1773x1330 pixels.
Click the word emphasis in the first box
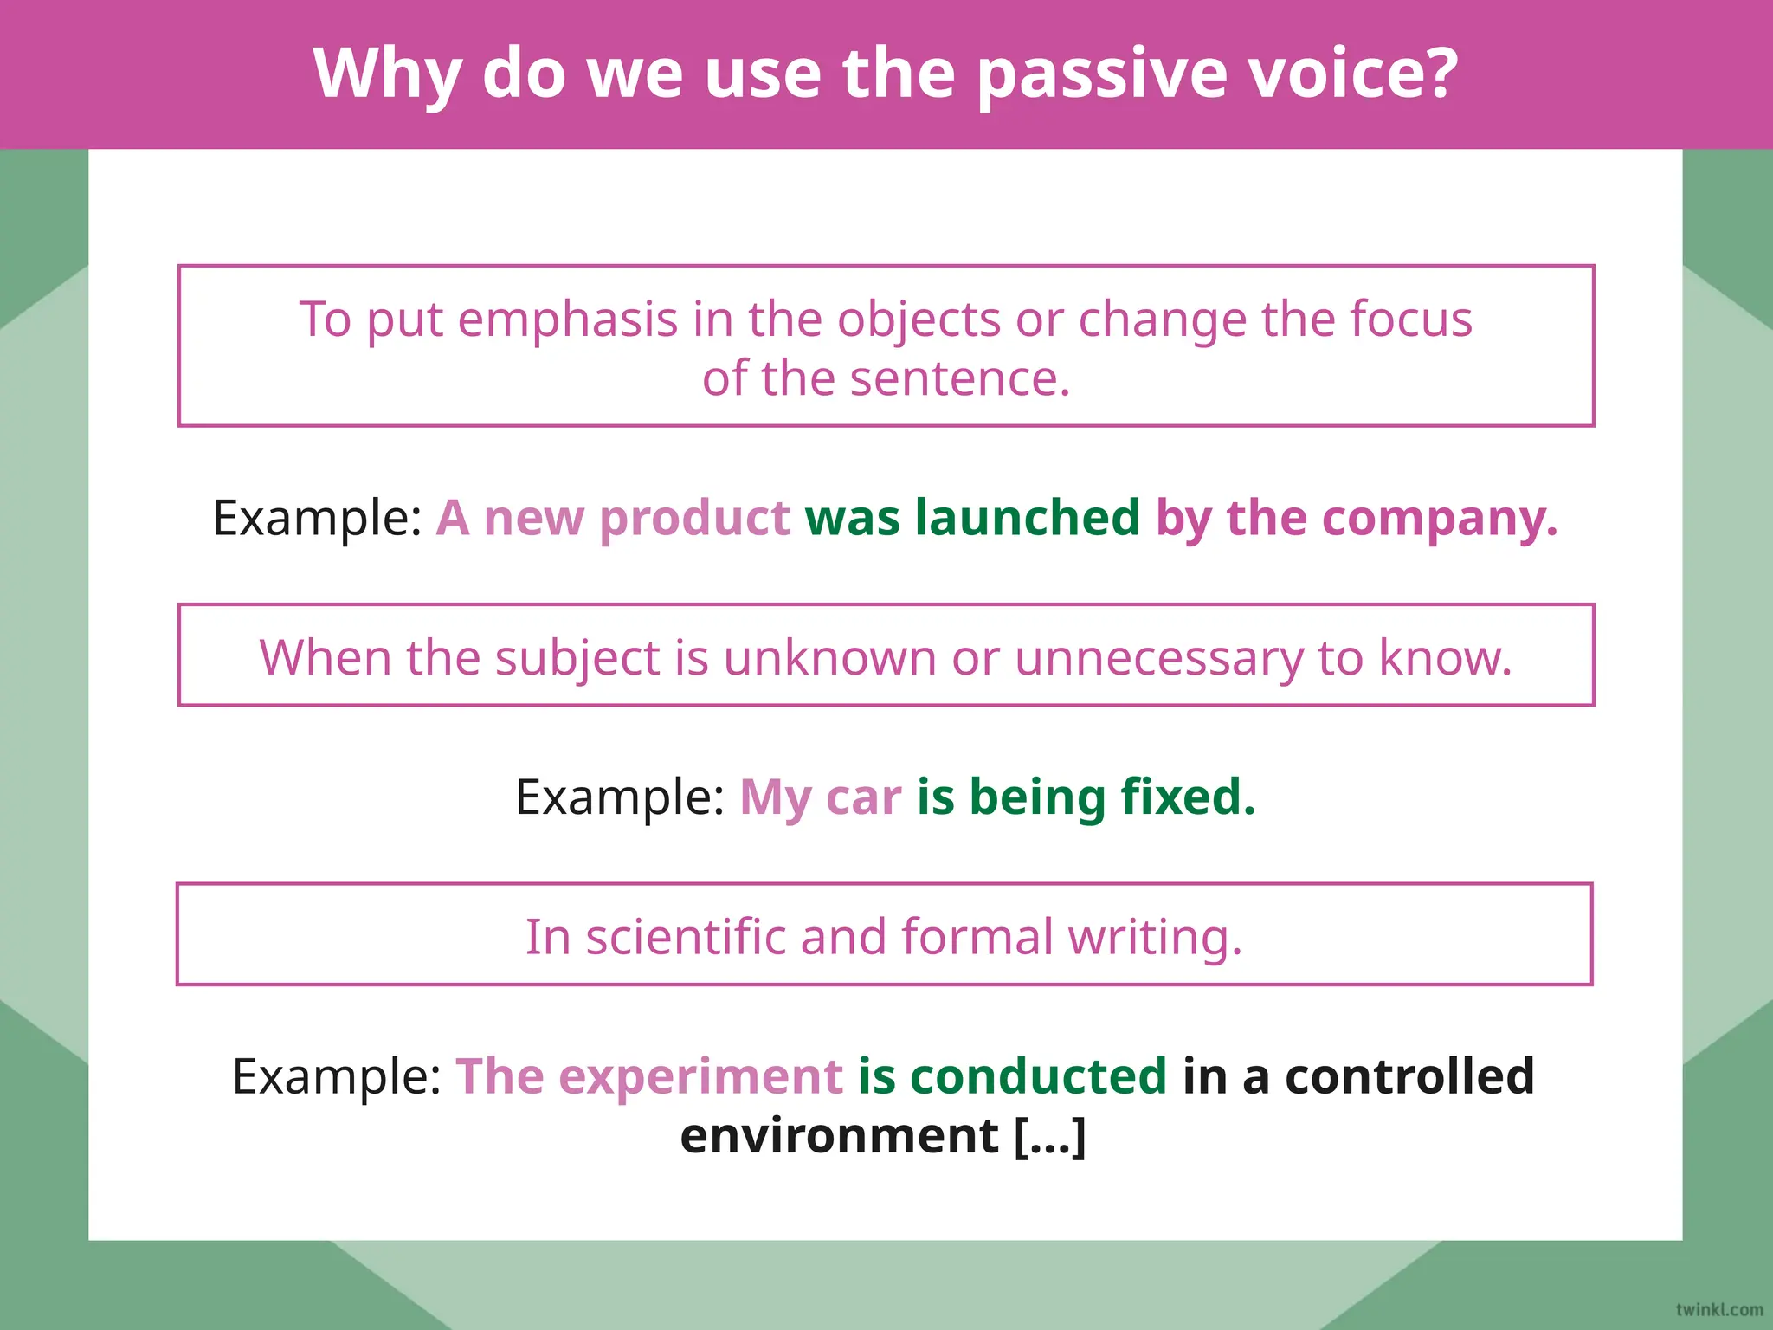[x=567, y=320]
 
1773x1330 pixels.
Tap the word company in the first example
[x=1439, y=520]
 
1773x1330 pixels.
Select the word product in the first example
[x=694, y=520]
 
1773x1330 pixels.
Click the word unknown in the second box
[x=829, y=658]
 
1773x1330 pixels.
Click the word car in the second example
[x=863, y=797]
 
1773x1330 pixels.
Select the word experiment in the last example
[x=700, y=1077]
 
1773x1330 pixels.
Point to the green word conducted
[x=1038, y=1076]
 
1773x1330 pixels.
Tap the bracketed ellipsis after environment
[x=1049, y=1136]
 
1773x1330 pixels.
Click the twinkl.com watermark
[x=1719, y=1309]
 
